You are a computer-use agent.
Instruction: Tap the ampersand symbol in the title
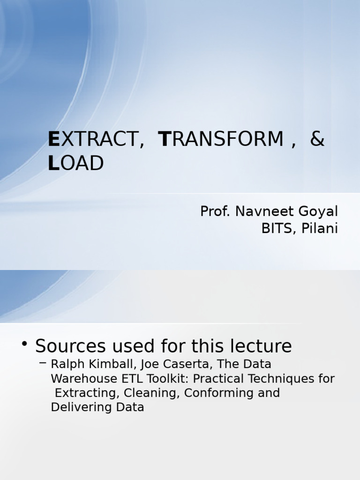coord(317,139)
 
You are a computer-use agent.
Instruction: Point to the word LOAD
coord(75,163)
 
